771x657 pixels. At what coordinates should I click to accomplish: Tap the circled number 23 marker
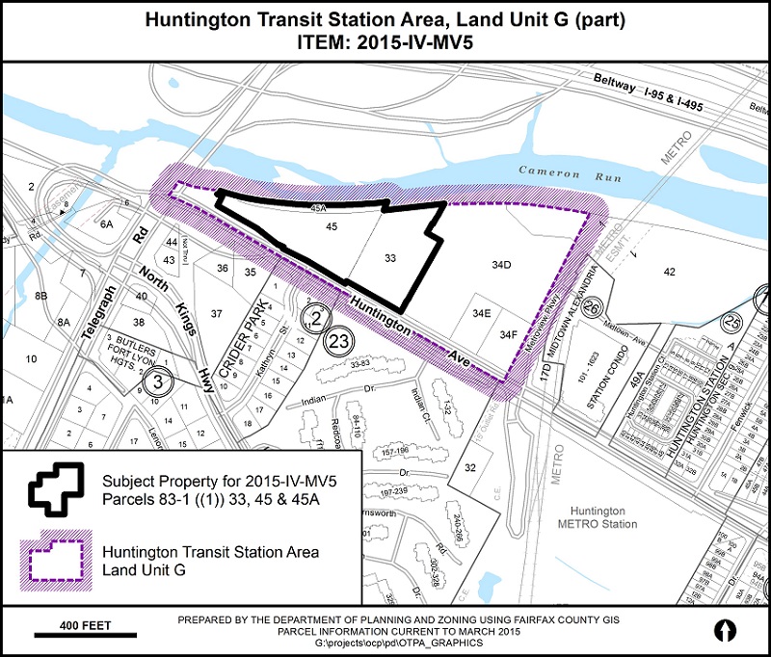[x=338, y=339]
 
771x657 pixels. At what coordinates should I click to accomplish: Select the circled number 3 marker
[x=152, y=381]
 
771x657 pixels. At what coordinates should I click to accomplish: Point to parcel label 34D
[x=499, y=263]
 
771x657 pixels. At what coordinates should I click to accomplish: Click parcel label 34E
[x=482, y=313]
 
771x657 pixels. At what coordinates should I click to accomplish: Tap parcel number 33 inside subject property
[x=390, y=258]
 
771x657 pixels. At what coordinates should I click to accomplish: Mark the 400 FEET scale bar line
[x=87, y=635]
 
